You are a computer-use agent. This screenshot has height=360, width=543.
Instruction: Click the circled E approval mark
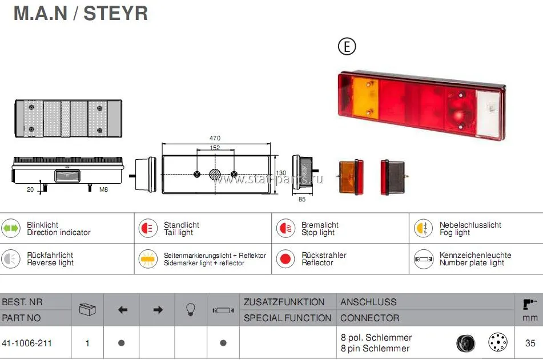[x=347, y=46]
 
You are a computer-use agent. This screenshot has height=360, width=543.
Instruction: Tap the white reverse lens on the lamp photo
[x=488, y=114]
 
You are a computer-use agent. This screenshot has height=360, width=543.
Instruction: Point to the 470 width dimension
[x=215, y=138]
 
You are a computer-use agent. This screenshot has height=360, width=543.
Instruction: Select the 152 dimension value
[x=215, y=148]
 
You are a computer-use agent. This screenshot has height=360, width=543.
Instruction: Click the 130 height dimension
[x=281, y=173]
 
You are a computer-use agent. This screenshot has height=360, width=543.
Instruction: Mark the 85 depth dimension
[x=302, y=199]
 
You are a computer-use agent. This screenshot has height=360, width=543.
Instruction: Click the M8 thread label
[x=103, y=189]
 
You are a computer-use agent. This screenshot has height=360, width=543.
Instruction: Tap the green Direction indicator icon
[x=10, y=228]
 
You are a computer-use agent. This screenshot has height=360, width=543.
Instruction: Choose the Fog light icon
[x=423, y=228]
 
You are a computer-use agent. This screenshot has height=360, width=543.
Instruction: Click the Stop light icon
[x=285, y=228]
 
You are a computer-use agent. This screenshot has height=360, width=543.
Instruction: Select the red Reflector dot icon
[x=285, y=259]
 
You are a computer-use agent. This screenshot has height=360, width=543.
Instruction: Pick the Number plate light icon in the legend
[x=423, y=259]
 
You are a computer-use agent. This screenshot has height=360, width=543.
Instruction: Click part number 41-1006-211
[x=27, y=343]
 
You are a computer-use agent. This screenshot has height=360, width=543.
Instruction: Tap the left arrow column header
[x=122, y=310]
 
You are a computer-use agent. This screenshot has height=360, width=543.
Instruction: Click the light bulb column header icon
[x=191, y=309]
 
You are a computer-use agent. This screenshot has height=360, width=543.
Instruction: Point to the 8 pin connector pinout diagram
[x=498, y=342]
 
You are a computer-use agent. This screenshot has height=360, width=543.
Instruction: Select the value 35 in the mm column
[x=530, y=343]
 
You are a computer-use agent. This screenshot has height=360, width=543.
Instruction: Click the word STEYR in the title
[x=116, y=14]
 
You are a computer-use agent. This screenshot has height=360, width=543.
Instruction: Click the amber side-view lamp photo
[x=351, y=177]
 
